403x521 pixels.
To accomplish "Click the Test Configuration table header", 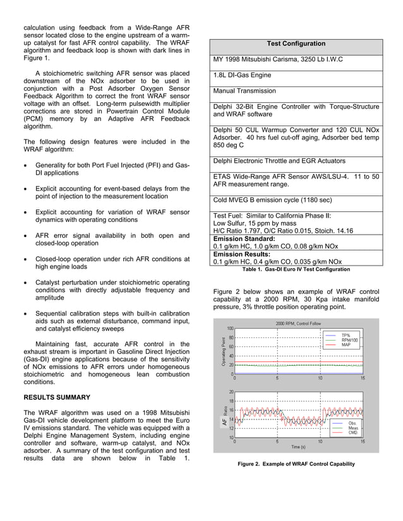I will (x=296, y=44).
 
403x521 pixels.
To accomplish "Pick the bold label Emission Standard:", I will (x=244, y=239).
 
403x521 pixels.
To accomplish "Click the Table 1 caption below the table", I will (x=296, y=269).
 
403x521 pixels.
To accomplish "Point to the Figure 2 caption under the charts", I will (x=296, y=464).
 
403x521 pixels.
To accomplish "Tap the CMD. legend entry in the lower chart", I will (x=352, y=433).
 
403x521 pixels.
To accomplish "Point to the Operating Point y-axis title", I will (x=223, y=351).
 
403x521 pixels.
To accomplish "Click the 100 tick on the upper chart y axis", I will (x=230, y=328).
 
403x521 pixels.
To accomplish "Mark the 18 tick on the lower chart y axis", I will (x=231, y=401).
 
